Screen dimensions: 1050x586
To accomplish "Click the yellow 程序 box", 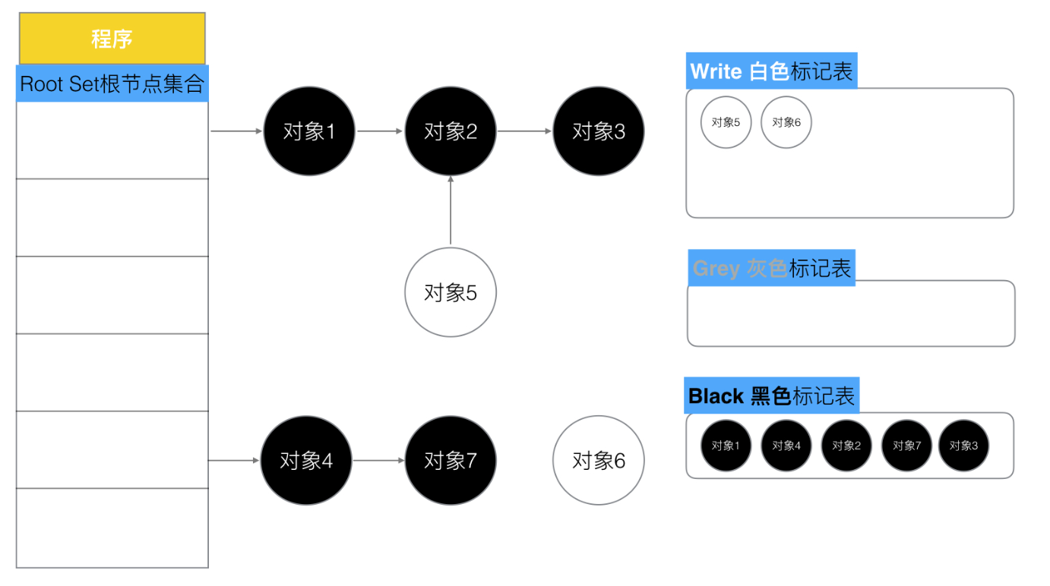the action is coord(112,39).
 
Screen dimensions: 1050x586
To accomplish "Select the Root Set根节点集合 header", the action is coord(112,83).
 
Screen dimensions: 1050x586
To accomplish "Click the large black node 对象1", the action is coord(309,131).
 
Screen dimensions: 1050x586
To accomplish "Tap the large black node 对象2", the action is coord(451,131).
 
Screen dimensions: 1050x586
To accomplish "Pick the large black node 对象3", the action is coord(599,131).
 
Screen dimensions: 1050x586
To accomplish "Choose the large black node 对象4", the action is coord(306,461).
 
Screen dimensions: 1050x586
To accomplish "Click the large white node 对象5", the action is coord(451,292).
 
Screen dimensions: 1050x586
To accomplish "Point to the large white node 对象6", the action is coord(599,461).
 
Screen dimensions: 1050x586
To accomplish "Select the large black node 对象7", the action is coord(451,461).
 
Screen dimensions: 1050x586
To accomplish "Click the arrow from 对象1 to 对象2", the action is coord(380,131).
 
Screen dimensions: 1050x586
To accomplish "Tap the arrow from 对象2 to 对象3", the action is coord(524,131).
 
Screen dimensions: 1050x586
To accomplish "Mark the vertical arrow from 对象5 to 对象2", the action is coord(451,210).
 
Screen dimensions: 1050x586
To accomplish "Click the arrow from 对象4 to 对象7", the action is coord(379,461).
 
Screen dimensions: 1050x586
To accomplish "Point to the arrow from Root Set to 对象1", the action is coord(236,131).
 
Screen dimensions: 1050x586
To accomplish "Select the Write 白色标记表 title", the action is coord(772,71).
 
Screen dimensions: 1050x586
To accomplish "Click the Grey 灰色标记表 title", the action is coord(772,268).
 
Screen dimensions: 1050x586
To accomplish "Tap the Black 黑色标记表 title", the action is coord(772,395).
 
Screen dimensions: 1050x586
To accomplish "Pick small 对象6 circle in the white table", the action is coord(786,122).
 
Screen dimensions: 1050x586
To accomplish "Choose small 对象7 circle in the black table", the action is coord(906,446).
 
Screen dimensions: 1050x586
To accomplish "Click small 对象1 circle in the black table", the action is coord(726,446).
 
